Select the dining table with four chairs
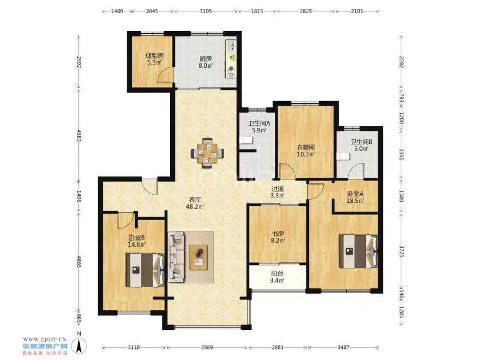click(207, 153)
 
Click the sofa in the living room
click(176, 257)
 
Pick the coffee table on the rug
click(198, 258)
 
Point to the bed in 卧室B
click(145, 270)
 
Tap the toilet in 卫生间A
click(247, 140)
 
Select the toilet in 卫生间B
click(344, 156)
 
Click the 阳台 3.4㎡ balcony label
click(278, 277)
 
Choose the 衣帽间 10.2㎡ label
click(306, 150)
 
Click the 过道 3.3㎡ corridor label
click(278, 192)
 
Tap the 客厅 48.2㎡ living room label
click(195, 203)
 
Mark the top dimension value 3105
click(206, 11)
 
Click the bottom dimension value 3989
click(207, 347)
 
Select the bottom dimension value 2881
click(277, 347)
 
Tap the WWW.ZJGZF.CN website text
click(45, 339)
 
